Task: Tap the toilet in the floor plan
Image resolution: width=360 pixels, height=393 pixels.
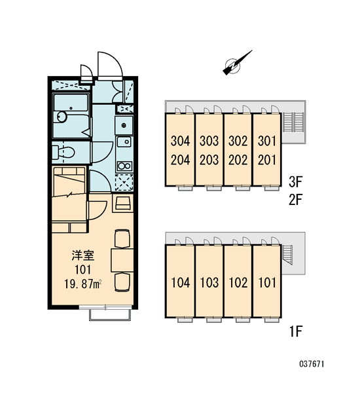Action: point(63,153)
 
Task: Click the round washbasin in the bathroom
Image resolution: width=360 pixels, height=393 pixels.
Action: point(62,117)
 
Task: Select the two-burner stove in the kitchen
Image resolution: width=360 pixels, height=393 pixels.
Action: point(124,166)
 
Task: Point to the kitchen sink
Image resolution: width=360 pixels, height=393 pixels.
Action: point(124,142)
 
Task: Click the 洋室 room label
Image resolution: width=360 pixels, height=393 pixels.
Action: point(83,255)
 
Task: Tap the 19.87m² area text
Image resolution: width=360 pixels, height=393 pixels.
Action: point(83,284)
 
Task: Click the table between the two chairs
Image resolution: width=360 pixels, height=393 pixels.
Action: point(122,260)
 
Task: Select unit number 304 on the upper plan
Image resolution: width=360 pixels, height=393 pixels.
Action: point(181,141)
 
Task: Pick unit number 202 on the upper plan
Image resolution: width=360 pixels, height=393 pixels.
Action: point(238,160)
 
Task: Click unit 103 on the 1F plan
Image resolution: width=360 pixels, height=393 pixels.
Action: point(209,282)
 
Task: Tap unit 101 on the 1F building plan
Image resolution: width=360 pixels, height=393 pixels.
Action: point(267,282)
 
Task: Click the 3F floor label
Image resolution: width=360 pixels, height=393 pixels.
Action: point(296,181)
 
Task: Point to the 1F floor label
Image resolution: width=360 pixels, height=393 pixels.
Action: point(296,331)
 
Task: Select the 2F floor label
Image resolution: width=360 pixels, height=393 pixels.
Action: point(296,200)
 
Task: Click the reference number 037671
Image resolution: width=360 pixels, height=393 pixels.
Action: point(312,364)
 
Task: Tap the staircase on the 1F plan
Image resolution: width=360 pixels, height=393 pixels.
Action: point(287,255)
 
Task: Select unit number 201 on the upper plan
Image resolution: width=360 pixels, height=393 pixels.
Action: point(267,160)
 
